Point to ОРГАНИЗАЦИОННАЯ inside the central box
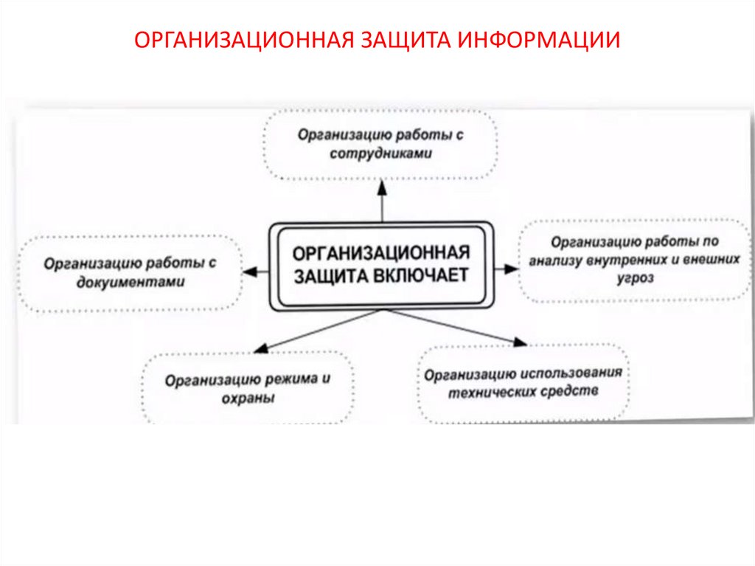pos(381,252)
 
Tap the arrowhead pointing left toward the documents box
pos(250,271)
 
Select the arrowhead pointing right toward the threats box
pos(511,269)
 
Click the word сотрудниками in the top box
pos(380,154)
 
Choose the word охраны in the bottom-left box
pos(248,398)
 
